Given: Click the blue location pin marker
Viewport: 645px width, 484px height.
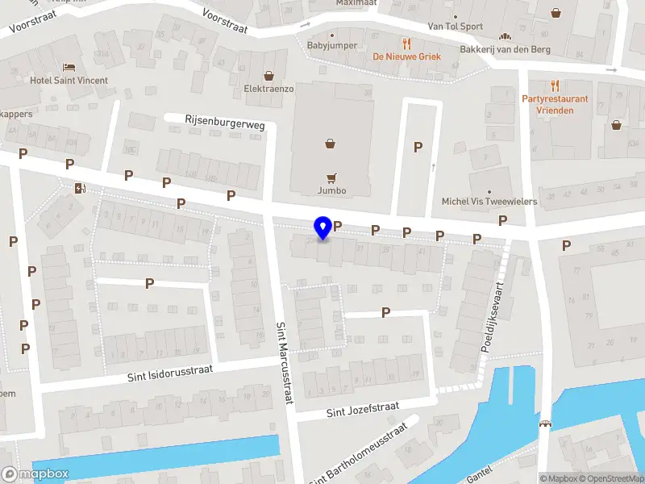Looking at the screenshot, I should pos(323,228).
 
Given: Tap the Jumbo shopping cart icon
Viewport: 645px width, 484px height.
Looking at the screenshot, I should pos(331,177).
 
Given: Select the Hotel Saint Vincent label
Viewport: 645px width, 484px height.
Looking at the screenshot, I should pos(69,81).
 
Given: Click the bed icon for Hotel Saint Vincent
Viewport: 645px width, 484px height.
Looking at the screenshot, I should pos(69,66).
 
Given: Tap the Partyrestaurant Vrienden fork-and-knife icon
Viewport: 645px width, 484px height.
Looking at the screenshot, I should pos(555,85).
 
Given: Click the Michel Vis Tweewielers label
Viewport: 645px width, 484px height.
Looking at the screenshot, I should pos(489,202).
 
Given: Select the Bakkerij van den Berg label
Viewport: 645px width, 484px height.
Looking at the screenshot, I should pos(506,50).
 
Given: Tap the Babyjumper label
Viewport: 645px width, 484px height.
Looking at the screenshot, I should pos(332,46).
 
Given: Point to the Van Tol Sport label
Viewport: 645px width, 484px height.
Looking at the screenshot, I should pos(456,27).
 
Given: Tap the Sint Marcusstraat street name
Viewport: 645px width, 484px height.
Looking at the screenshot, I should pos(285,363).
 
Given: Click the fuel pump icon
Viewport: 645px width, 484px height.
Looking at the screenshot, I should pos(80,189).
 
